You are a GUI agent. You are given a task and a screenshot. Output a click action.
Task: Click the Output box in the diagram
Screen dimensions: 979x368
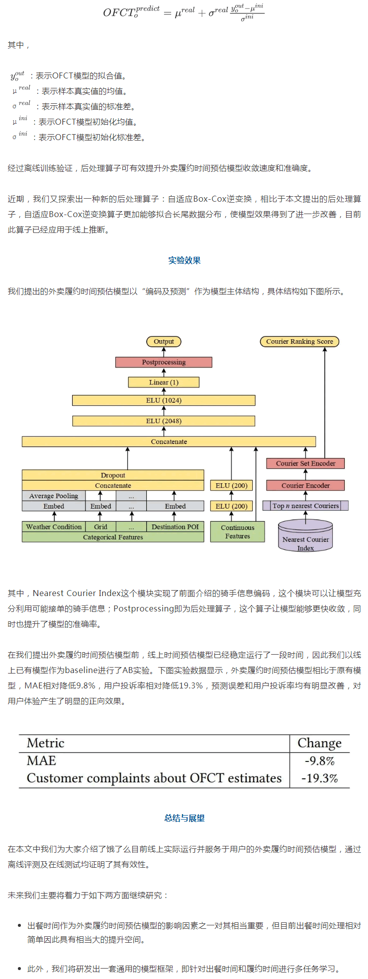164,342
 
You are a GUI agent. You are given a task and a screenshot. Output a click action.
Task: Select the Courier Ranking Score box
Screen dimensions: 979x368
299,342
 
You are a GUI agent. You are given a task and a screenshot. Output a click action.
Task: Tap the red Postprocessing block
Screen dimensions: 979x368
164,363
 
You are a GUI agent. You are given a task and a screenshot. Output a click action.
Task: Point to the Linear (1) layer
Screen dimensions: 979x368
164,382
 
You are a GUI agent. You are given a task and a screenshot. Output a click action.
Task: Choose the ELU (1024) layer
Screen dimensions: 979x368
164,400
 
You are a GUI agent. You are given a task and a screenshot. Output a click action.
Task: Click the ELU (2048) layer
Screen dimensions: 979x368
164,421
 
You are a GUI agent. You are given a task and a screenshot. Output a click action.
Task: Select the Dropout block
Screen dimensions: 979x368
113,475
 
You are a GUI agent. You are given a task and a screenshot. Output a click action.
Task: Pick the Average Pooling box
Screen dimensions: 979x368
54,496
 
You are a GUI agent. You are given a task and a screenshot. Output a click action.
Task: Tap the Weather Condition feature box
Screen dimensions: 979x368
54,527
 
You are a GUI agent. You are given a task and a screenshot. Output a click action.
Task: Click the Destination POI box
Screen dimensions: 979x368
175,527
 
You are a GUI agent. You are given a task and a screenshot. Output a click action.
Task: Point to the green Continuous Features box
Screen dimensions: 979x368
237,532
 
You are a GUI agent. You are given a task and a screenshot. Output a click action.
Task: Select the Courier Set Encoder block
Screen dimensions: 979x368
305,463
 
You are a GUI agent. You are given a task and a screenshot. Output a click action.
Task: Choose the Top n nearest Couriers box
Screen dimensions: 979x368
305,506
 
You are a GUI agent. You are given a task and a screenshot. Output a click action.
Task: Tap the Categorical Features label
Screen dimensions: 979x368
113,537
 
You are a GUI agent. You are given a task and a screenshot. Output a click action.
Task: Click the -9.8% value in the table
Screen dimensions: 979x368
319,761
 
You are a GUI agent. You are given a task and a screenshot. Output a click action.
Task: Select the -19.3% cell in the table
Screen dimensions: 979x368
319,778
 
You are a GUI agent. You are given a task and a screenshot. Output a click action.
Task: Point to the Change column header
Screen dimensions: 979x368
319,743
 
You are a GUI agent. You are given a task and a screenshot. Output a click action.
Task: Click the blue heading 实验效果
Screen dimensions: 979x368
184,260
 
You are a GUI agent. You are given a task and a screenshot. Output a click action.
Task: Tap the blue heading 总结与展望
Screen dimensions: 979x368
184,818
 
